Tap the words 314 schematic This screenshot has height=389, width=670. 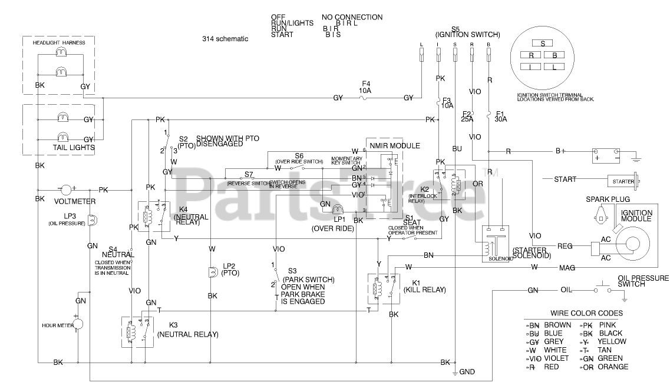pos(225,39)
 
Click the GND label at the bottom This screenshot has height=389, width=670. pos(467,372)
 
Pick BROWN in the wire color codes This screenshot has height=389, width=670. pos(557,325)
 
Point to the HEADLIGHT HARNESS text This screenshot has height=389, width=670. pos(59,43)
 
